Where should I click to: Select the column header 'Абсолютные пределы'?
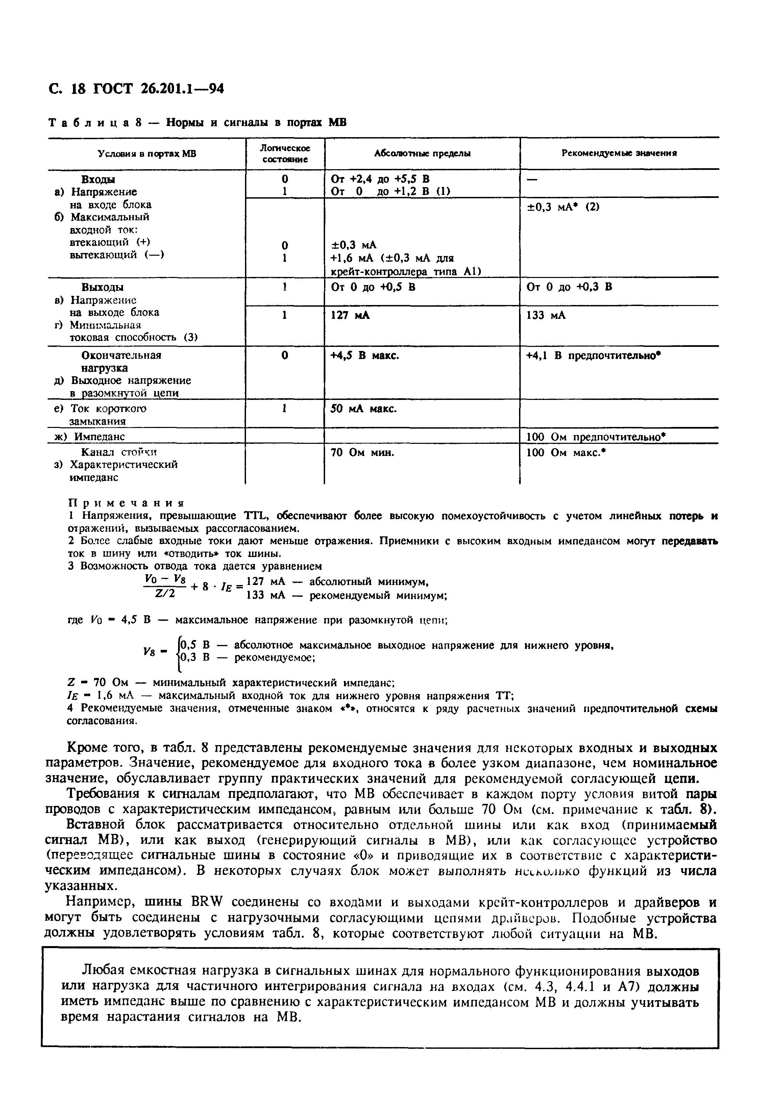click(422, 153)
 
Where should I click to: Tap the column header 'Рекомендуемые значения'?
click(619, 153)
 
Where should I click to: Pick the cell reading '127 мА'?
click(350, 315)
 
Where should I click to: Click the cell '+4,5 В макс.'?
click(365, 356)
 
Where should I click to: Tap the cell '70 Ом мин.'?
click(363, 452)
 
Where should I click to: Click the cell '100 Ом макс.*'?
click(565, 452)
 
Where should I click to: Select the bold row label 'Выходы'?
click(102, 287)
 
